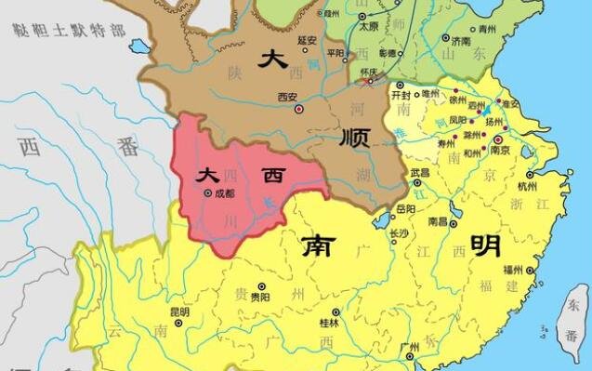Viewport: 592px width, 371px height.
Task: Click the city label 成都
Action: click(225, 193)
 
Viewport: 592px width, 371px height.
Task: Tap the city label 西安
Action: click(287, 97)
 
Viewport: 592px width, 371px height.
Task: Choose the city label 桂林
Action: click(331, 323)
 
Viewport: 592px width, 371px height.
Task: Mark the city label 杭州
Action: click(527, 187)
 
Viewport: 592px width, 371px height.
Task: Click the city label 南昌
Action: click(439, 221)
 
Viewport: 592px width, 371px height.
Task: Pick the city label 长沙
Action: click(399, 233)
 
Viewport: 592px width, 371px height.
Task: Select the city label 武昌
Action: click(420, 173)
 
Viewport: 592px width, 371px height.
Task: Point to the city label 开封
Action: click(400, 95)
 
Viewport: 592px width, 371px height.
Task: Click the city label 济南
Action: click(460, 42)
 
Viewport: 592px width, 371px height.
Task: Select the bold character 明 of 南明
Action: click(483, 245)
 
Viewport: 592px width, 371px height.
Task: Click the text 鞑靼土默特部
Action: click(69, 30)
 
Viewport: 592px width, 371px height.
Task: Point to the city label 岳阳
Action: click(405, 210)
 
